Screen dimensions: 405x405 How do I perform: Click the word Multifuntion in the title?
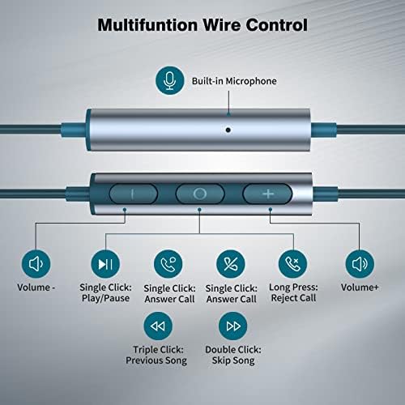click(x=147, y=25)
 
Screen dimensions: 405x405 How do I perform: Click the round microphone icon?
click(x=170, y=80)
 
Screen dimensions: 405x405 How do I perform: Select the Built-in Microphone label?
click(x=234, y=81)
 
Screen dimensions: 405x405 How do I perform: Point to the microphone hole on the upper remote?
click(x=228, y=130)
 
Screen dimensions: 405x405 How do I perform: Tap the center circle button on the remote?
click(x=200, y=194)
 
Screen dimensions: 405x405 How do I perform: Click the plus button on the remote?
click(x=267, y=194)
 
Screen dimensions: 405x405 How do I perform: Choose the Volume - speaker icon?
click(x=36, y=264)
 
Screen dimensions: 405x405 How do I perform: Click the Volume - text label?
click(x=36, y=288)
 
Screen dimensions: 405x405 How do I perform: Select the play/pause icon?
click(x=105, y=264)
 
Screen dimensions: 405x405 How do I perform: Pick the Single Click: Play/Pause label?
click(x=105, y=292)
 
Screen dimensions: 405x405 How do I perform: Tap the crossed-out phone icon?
click(x=231, y=264)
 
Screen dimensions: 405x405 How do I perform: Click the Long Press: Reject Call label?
click(x=293, y=292)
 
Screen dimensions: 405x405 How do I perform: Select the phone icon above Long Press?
click(x=293, y=264)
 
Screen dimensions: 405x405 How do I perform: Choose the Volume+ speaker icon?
click(x=360, y=264)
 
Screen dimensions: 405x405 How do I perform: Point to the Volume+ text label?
click(x=360, y=288)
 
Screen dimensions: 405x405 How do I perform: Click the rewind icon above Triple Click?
click(x=158, y=326)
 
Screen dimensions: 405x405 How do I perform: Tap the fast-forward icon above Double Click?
click(x=233, y=326)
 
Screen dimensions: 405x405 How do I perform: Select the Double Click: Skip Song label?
click(x=233, y=355)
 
